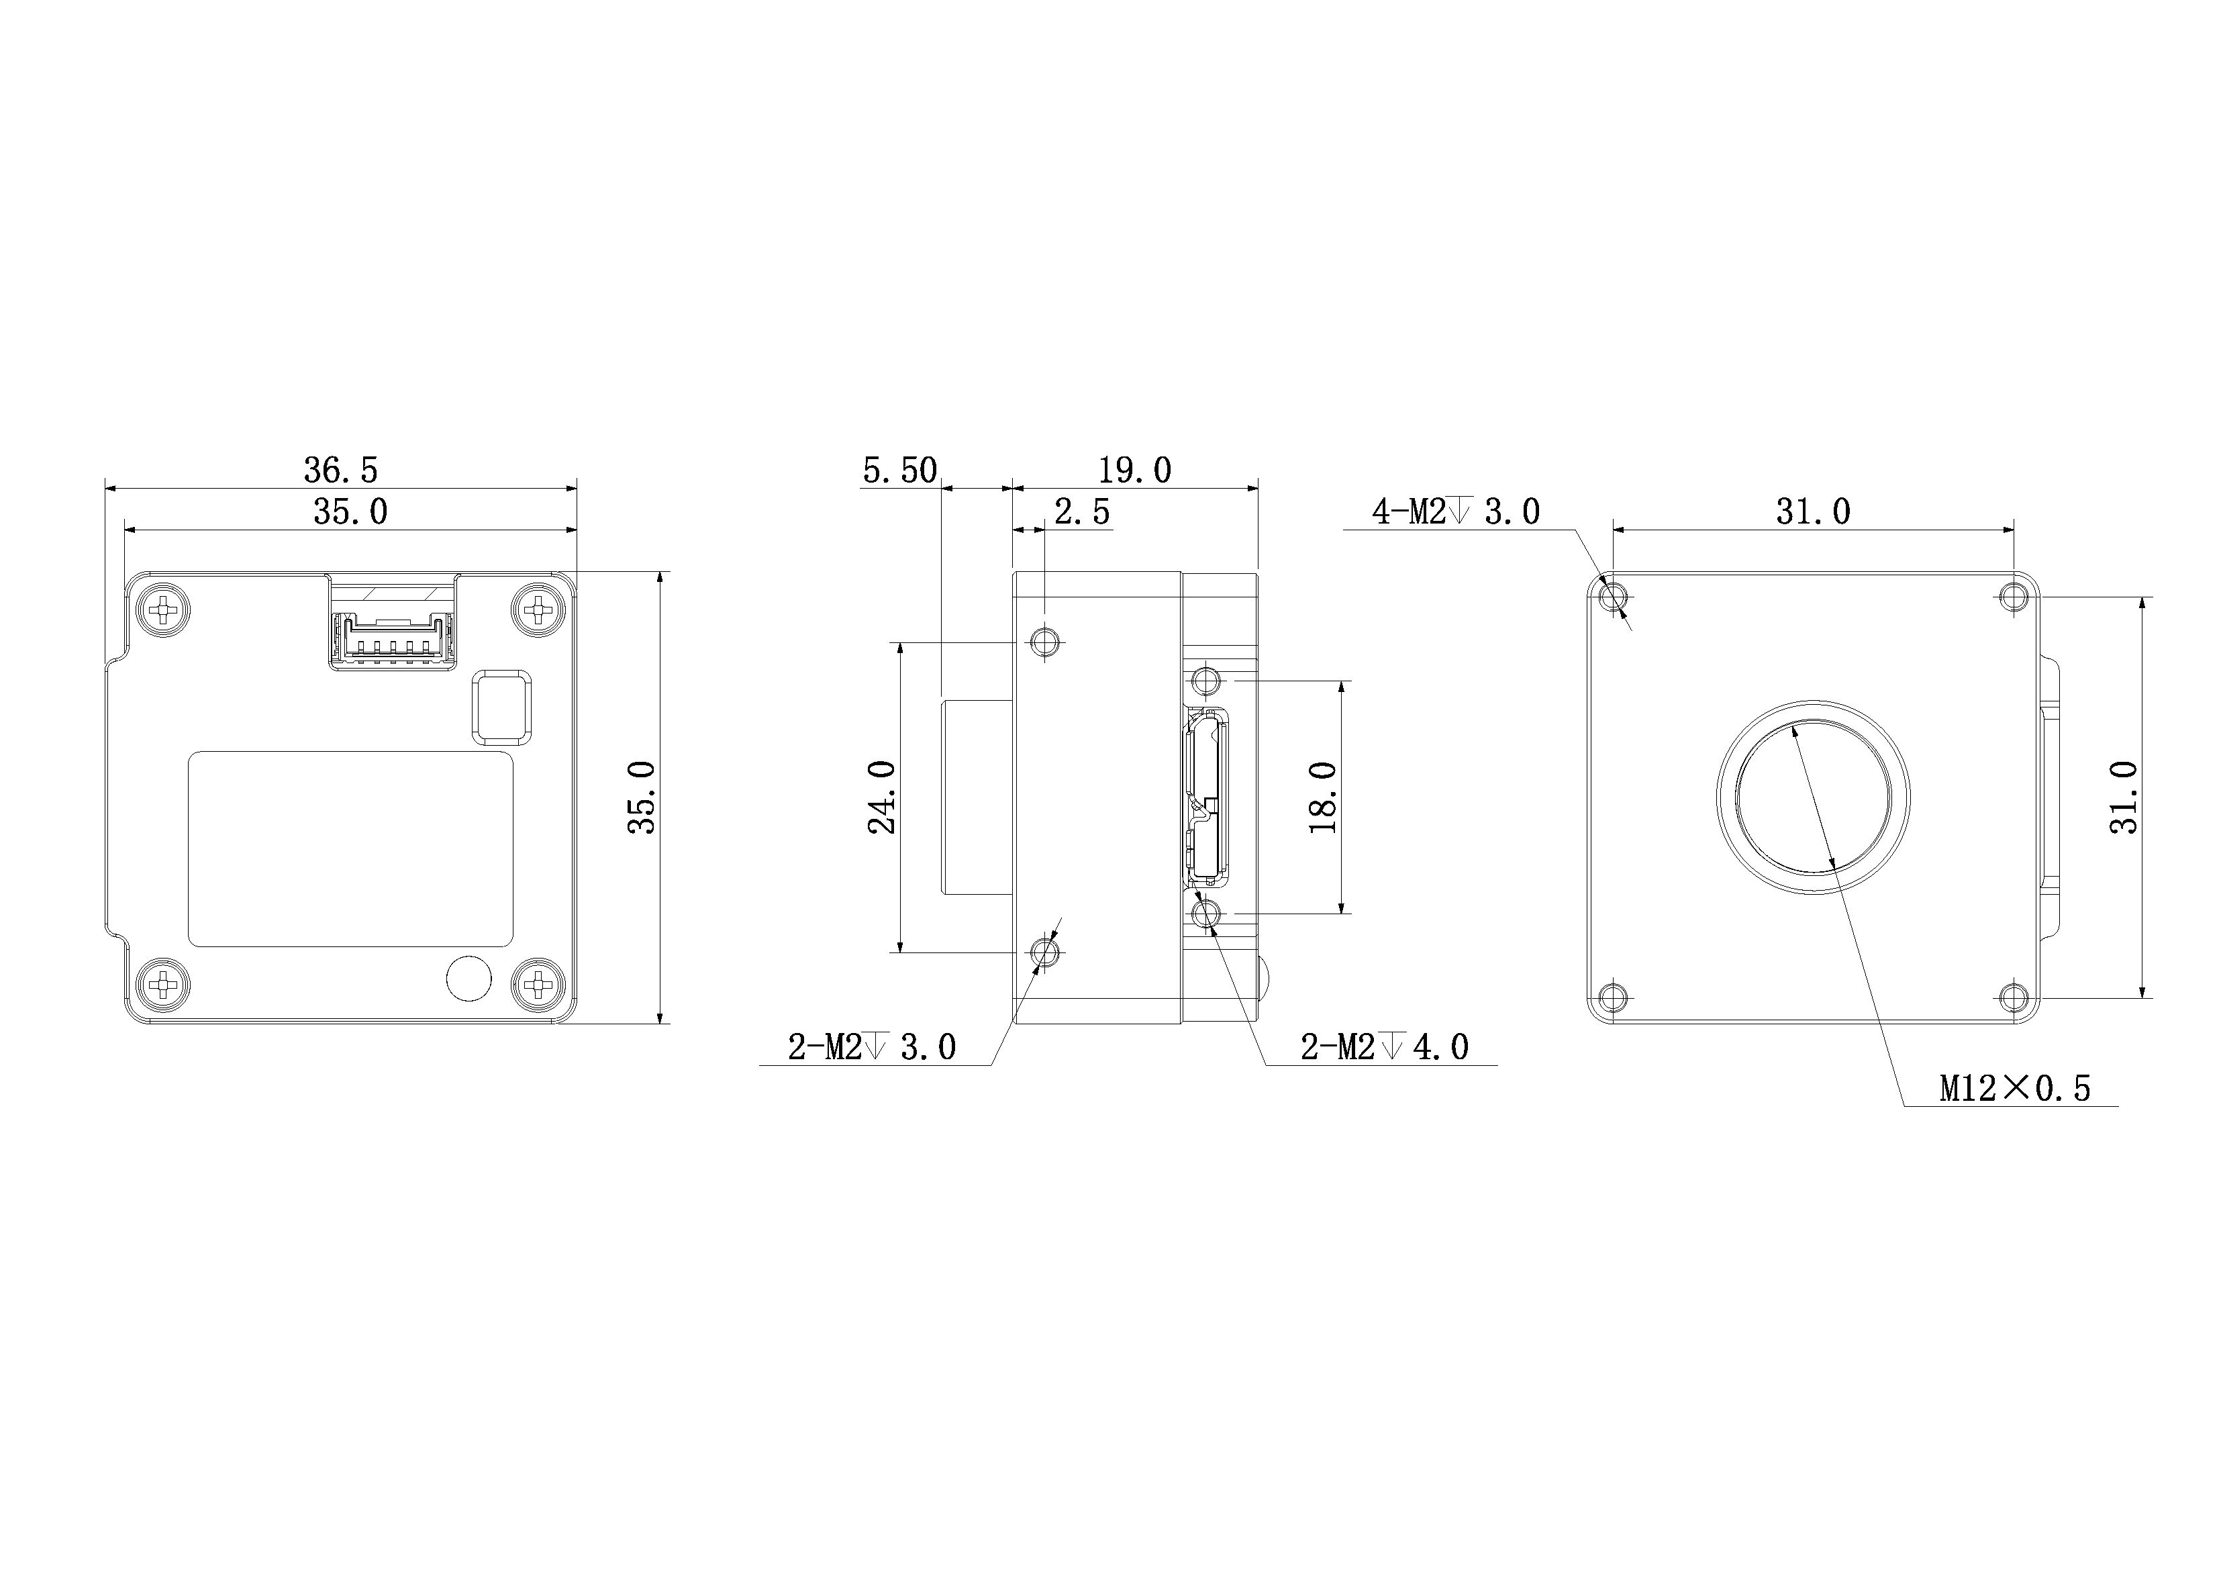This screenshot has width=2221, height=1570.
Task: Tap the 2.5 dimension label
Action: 1081,511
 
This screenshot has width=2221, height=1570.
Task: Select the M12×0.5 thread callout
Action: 2015,1089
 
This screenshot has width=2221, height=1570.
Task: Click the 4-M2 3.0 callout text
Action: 1456,511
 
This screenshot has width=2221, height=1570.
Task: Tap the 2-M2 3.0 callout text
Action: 872,1046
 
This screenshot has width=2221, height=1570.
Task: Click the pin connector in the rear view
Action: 393,638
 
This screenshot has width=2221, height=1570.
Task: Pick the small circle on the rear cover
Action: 469,978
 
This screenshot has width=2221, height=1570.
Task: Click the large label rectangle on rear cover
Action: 350,848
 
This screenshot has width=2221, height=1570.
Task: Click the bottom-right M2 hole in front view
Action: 2014,996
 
